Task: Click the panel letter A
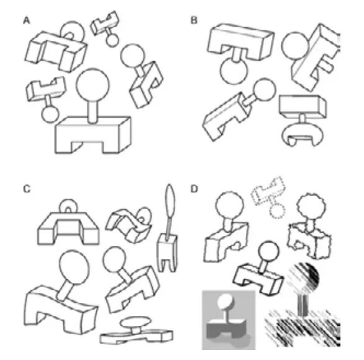pos(27,20)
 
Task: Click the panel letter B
pos(194,20)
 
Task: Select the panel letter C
pos(27,189)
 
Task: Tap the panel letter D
pos(194,189)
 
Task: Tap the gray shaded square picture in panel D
pos(229,320)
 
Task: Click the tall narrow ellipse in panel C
pos(170,201)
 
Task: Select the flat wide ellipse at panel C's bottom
pos(135,322)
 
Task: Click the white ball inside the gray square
pos(225,302)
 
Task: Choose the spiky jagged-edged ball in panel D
pos(311,206)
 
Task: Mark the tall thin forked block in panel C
pos(168,253)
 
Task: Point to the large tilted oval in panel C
pos(74,268)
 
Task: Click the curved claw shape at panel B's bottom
pos(303,135)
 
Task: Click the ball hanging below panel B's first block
pos(234,71)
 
